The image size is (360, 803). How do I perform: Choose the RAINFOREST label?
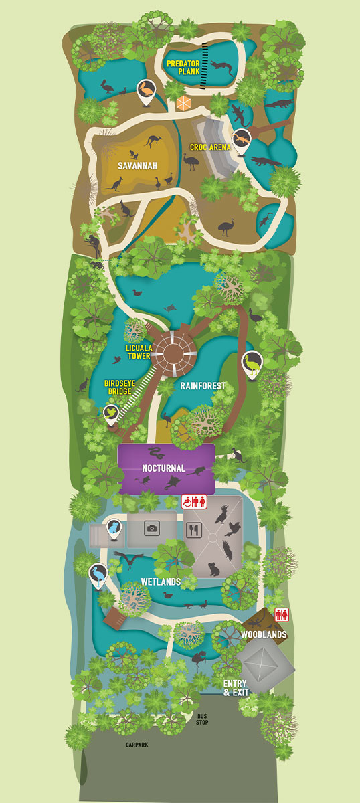[x=203, y=386]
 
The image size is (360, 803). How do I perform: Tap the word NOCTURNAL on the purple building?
[x=163, y=468]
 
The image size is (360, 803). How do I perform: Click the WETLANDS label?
[x=161, y=582]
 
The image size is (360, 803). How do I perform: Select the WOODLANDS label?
[x=264, y=634]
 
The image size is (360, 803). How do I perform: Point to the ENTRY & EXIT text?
[x=236, y=687]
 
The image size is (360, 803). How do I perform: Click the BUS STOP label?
[x=203, y=719]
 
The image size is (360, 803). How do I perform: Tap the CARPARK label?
[x=137, y=744]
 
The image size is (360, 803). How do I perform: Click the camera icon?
[x=152, y=529]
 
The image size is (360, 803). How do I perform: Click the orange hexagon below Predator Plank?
[x=184, y=104]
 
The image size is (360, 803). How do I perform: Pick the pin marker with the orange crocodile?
[x=241, y=139]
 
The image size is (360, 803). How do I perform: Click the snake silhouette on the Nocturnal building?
[x=155, y=452]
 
